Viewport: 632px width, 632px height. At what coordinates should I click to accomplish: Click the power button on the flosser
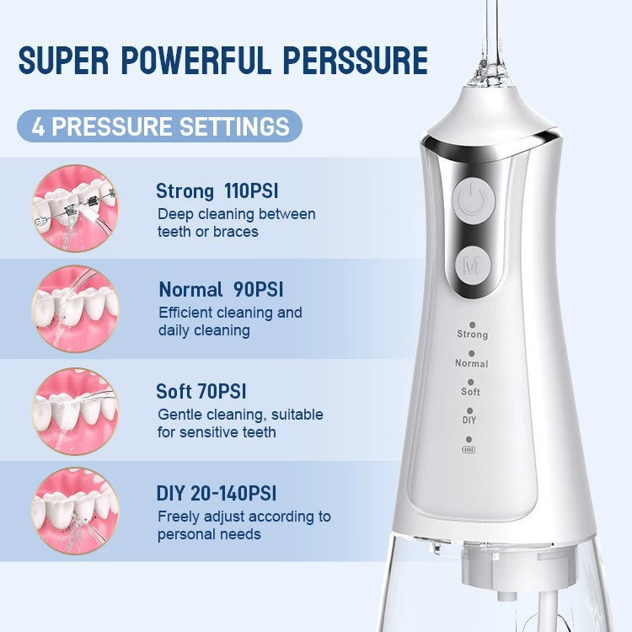[474, 199]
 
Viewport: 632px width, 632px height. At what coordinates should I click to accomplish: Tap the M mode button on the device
[474, 265]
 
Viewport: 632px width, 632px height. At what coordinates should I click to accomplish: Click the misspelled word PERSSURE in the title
[355, 61]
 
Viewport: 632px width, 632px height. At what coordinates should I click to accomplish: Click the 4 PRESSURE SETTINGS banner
[159, 126]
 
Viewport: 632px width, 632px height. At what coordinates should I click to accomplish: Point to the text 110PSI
[251, 190]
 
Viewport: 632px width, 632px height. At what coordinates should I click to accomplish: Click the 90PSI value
[259, 289]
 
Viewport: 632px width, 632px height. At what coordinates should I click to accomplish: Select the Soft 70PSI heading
[201, 391]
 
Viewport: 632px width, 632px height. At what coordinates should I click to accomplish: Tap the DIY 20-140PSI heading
[217, 493]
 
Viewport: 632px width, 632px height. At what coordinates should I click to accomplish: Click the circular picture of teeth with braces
[75, 208]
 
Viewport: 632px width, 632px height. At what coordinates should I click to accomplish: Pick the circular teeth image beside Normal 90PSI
[75, 308]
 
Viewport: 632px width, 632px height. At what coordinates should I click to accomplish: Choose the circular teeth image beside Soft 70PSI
[75, 411]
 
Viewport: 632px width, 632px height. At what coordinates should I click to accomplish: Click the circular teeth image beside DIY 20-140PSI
[75, 511]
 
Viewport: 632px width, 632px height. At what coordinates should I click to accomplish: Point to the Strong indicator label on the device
[473, 335]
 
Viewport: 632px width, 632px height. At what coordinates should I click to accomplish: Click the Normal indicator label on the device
[472, 363]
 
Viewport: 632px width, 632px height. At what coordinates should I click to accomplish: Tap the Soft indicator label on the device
[470, 392]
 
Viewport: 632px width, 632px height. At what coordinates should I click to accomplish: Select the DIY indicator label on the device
[469, 420]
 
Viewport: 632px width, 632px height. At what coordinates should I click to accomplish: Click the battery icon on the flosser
[469, 449]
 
